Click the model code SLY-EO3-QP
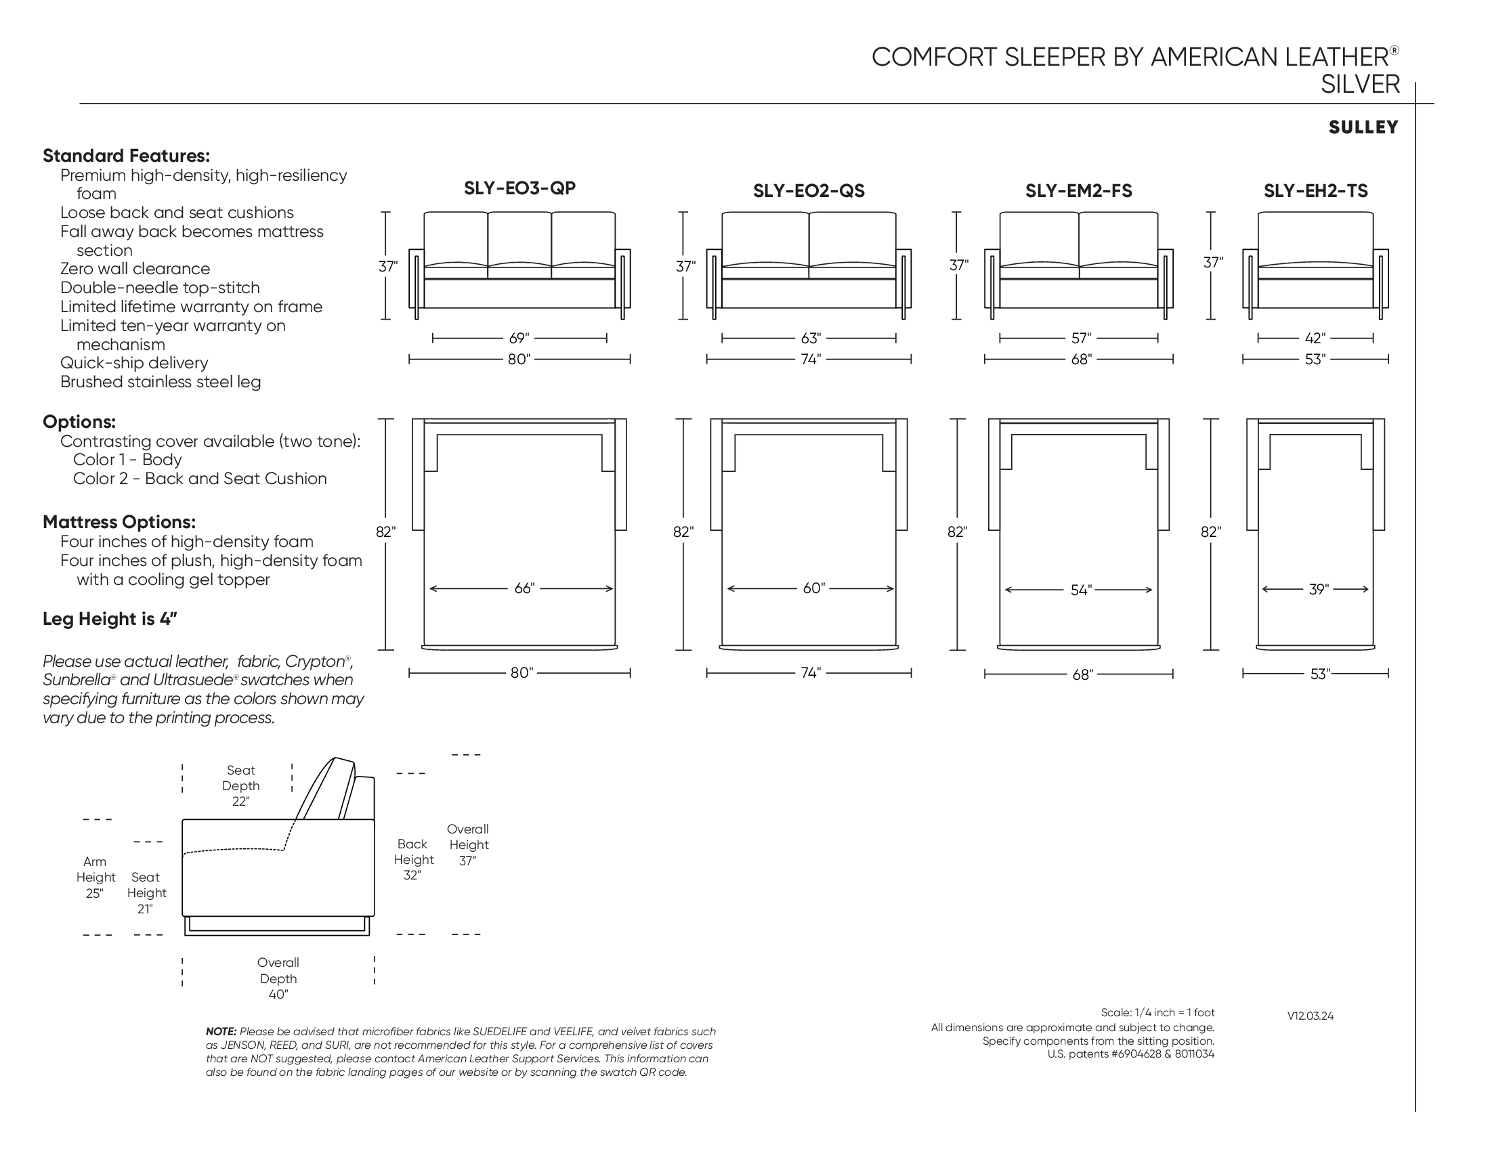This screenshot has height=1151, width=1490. click(520, 188)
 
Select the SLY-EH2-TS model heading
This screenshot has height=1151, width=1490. click(1315, 191)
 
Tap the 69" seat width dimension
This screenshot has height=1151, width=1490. click(519, 339)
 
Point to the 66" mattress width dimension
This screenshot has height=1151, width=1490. click(524, 588)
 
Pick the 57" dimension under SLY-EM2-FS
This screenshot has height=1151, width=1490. click(1081, 339)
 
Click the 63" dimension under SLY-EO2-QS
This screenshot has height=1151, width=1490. click(811, 339)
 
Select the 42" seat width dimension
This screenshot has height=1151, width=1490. click(1315, 339)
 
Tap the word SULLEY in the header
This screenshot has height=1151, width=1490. click(1363, 127)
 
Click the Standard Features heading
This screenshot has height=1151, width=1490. click(126, 156)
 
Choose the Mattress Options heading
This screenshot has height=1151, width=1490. click(119, 522)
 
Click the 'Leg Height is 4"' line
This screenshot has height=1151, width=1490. click(110, 619)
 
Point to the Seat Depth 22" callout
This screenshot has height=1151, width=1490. click(241, 785)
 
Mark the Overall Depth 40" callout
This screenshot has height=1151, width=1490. click(278, 978)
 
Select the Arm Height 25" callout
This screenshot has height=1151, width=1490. click(95, 877)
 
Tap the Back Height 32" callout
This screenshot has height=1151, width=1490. click(412, 860)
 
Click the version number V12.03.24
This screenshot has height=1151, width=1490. click(1310, 1016)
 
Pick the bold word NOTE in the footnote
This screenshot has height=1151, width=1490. click(221, 1032)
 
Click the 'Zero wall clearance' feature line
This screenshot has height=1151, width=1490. click(135, 269)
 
